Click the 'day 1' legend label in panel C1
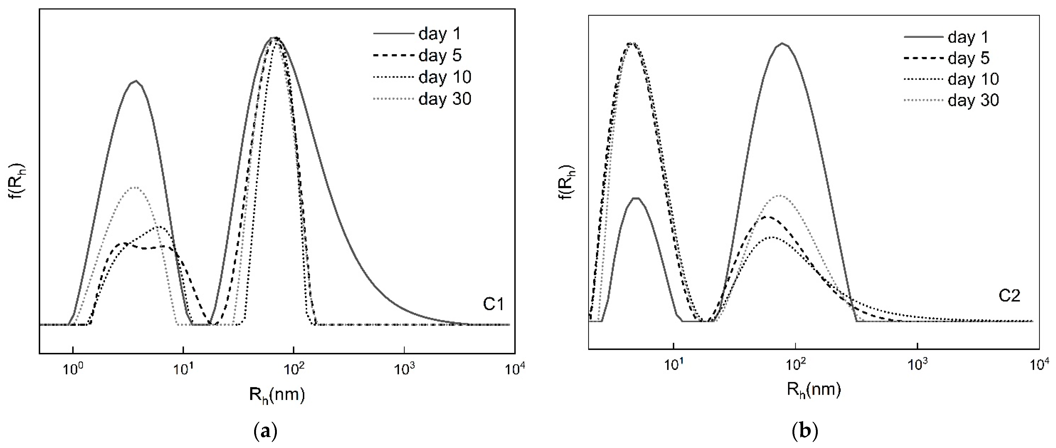point(439,34)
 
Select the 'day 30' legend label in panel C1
point(445,99)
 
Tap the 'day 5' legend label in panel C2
point(969,58)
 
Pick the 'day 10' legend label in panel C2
point(973,79)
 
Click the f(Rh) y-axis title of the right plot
point(567,183)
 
